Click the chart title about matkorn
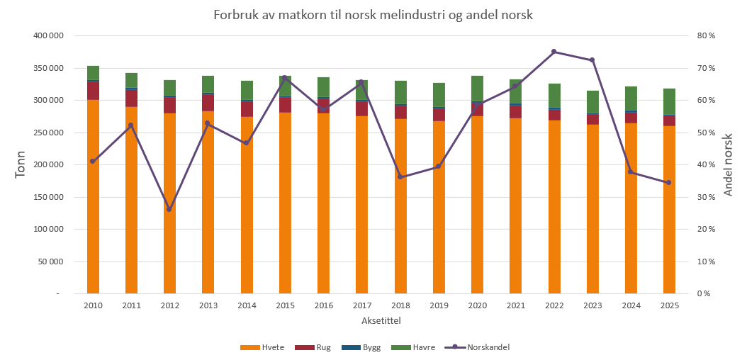(373, 15)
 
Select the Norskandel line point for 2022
(554, 52)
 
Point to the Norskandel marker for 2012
(169, 210)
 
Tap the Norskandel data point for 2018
(400, 177)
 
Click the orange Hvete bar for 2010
(93, 197)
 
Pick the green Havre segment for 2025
(669, 101)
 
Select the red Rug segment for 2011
(132, 98)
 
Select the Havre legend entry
(413, 348)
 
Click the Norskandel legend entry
(477, 347)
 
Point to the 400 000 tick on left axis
(49, 35)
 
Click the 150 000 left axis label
(49, 197)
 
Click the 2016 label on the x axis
(323, 305)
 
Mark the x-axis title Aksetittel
(381, 320)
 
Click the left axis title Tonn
(20, 164)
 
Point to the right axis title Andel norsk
(729, 164)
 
